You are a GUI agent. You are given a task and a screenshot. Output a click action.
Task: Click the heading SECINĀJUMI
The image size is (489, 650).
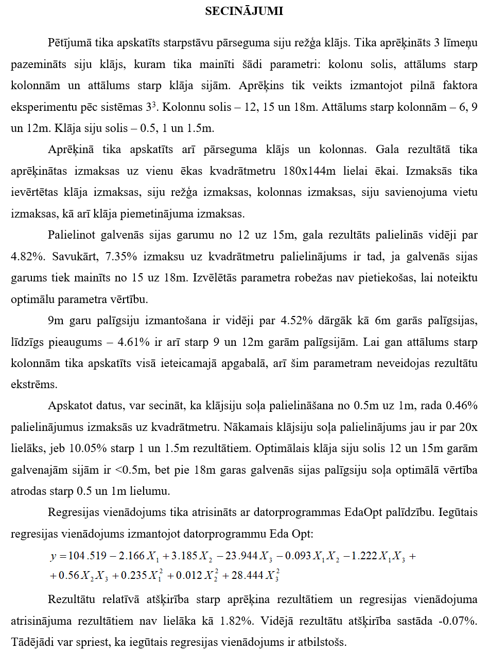coord(244,11)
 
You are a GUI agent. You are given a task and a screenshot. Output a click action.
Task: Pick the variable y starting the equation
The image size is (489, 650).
coord(53,557)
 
